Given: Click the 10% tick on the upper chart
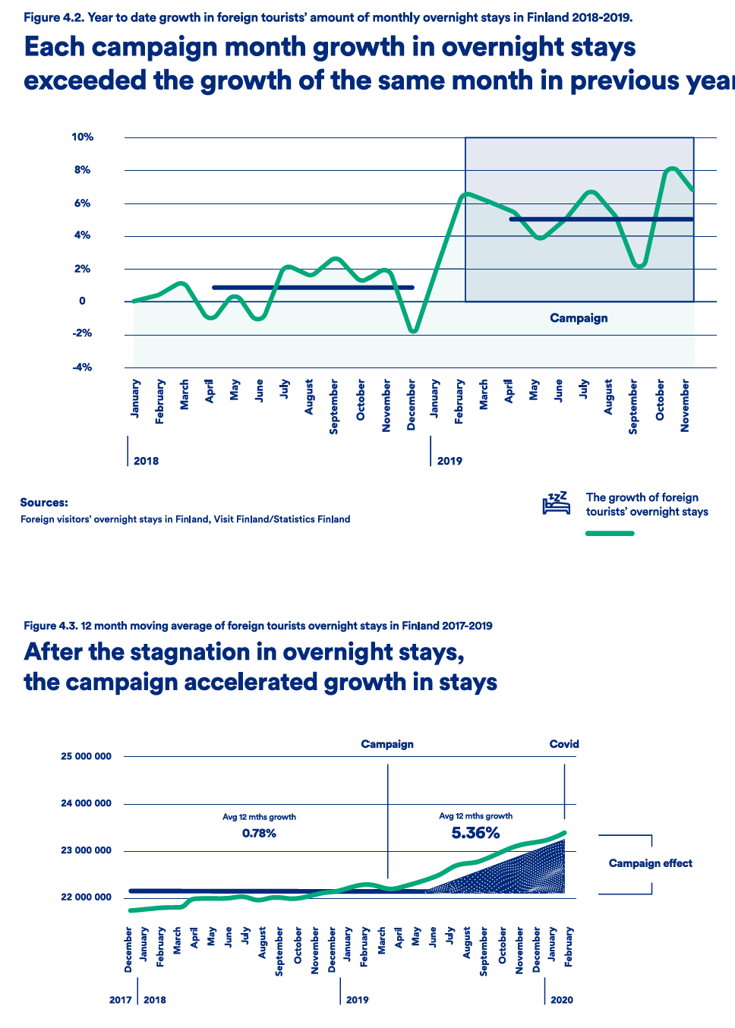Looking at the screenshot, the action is (82, 137).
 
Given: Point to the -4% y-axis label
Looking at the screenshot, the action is (82, 367).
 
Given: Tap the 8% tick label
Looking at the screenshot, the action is (82, 170).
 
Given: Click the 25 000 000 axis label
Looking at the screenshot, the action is (86, 756).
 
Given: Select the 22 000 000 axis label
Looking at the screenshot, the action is (86, 897).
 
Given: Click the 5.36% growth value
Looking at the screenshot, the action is (475, 833).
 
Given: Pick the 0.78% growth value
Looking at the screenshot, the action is (259, 834).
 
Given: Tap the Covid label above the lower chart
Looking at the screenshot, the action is (564, 744).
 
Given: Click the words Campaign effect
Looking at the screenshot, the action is (650, 863).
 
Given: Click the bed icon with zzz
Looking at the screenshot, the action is (556, 503).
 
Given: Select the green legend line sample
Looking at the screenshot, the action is (610, 533).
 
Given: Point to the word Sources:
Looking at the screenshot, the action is (44, 503).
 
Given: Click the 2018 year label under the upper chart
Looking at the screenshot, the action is (146, 461).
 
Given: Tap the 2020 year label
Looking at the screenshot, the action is (561, 1000).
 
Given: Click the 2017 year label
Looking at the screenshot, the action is (120, 1000).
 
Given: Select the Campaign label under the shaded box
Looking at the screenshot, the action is (579, 318).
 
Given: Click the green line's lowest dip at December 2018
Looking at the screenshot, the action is (413, 331).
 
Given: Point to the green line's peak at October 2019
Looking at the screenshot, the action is (672, 169).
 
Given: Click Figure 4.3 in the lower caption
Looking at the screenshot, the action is (51, 626).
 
